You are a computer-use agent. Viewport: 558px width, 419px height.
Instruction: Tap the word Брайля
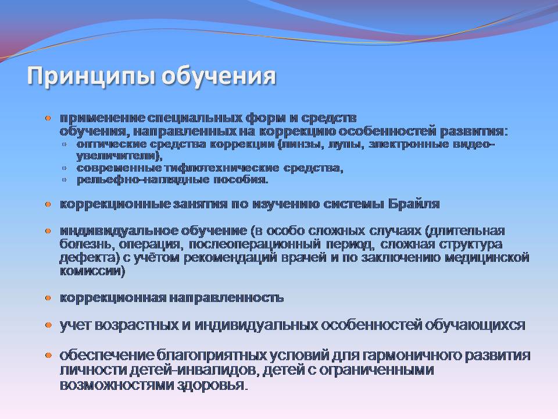[414, 204]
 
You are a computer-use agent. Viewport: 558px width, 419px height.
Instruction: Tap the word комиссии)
[92, 271]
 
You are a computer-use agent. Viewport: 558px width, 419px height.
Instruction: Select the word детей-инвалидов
[192, 370]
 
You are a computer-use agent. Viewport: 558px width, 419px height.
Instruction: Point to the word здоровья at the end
[210, 385]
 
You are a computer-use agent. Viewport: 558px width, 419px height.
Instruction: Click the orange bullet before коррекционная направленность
[48, 298]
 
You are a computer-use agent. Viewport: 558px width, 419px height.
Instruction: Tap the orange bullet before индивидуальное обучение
[48, 231]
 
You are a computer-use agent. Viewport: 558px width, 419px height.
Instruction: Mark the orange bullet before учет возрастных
[48, 325]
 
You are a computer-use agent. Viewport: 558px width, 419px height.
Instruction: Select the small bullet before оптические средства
[64, 145]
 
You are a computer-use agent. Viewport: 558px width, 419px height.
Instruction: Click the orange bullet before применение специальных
[48, 118]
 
